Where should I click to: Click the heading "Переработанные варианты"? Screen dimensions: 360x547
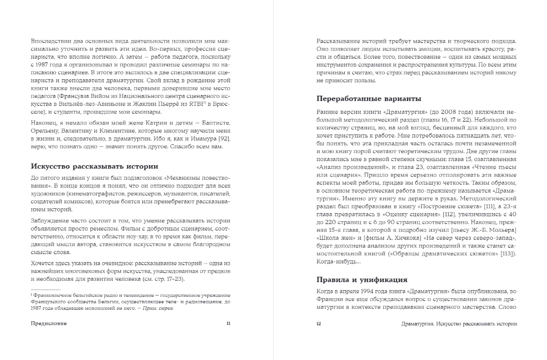pos(369,98)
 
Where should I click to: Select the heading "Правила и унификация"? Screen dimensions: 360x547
pos(362,279)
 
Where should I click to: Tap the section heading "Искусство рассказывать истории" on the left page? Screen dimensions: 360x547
pos(94,166)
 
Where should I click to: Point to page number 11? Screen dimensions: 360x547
pos(228,324)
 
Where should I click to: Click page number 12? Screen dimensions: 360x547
pos(318,324)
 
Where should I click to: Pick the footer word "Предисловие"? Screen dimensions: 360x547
pos(49,324)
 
